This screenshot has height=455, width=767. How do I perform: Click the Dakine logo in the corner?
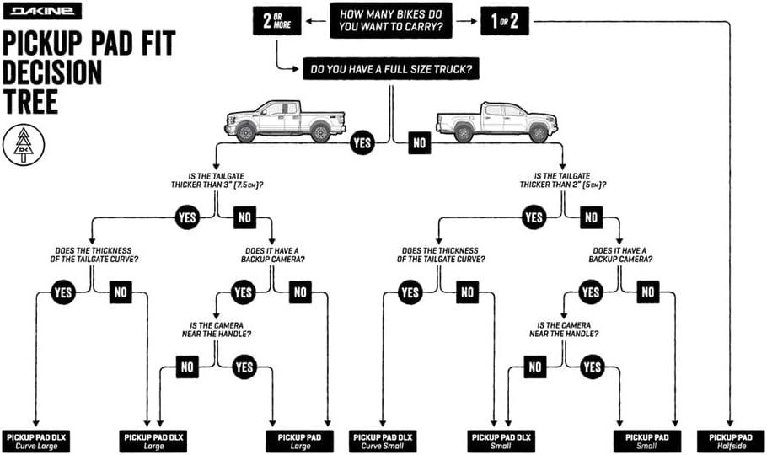(x=42, y=11)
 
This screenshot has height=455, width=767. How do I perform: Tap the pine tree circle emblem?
(x=22, y=145)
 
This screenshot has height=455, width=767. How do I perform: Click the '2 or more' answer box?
(x=277, y=19)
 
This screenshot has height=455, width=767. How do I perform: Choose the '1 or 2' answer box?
(x=505, y=21)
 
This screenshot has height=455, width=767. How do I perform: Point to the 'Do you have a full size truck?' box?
(x=390, y=69)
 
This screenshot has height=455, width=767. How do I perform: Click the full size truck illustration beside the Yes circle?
(x=284, y=120)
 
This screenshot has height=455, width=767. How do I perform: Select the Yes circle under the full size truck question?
(x=362, y=143)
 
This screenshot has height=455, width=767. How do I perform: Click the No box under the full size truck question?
(x=420, y=143)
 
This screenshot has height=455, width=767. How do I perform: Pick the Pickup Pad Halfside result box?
(x=731, y=441)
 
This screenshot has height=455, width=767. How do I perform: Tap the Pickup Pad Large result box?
(x=300, y=441)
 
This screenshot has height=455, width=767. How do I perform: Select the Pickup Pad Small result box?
(x=647, y=441)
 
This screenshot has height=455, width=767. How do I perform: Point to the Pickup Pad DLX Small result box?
(x=501, y=441)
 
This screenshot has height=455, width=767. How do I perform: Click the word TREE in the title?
(x=29, y=101)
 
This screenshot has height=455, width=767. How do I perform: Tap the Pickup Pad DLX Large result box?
(x=153, y=441)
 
